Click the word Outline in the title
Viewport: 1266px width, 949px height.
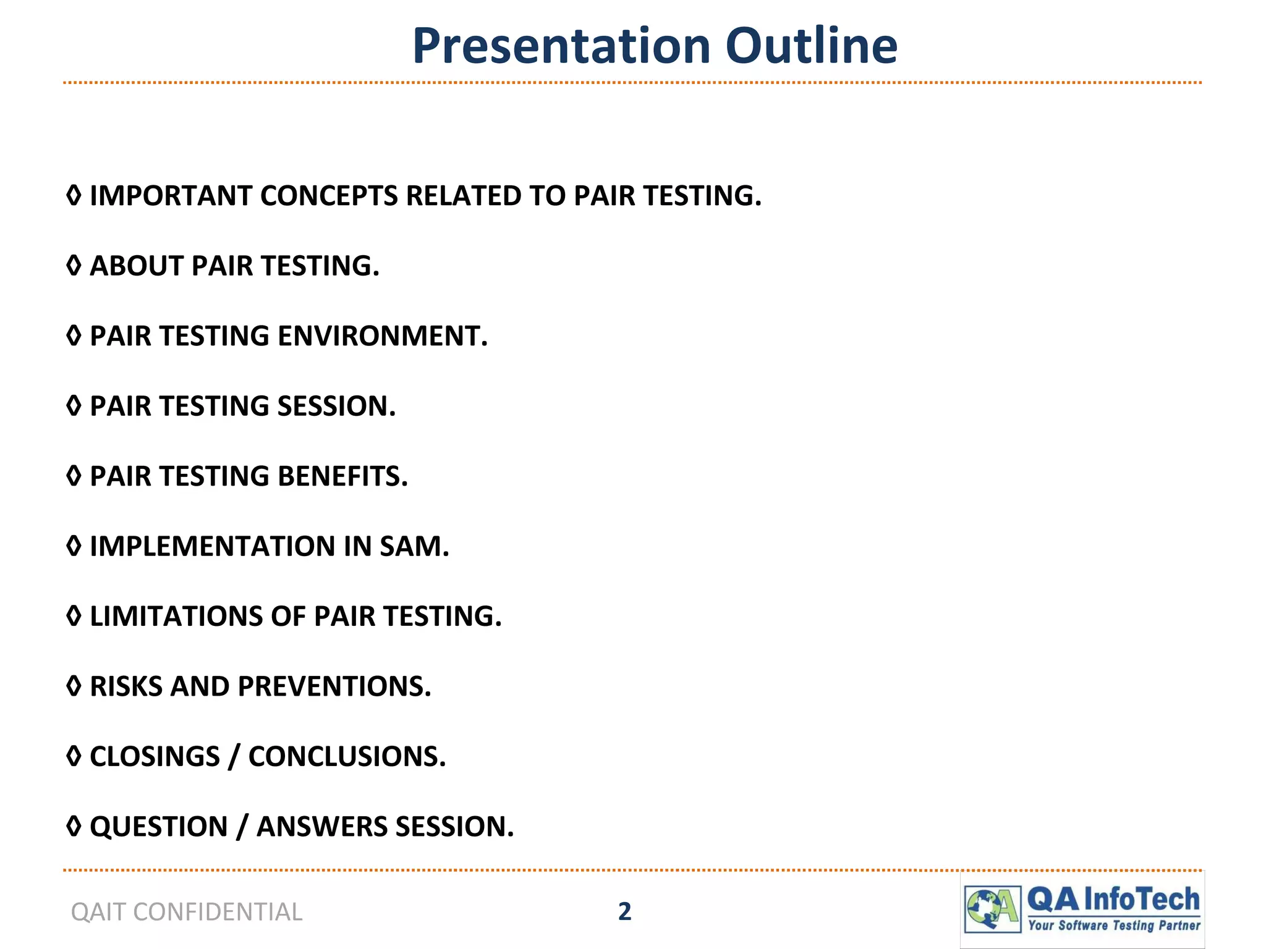811,46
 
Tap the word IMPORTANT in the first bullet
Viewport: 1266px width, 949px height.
170,196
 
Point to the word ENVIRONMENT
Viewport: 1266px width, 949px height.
382,336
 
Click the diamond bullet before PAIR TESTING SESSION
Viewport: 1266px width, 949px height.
74,406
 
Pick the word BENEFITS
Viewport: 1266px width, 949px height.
342,476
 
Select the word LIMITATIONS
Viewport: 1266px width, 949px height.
176,617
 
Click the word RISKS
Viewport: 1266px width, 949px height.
125,687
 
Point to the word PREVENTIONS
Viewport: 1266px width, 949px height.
334,687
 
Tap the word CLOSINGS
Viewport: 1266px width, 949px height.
155,757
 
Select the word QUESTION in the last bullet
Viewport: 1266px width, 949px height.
159,827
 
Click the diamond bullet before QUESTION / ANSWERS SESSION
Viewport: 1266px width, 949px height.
74,827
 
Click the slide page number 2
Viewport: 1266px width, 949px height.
624,912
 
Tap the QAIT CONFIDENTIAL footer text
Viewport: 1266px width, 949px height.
187,912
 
